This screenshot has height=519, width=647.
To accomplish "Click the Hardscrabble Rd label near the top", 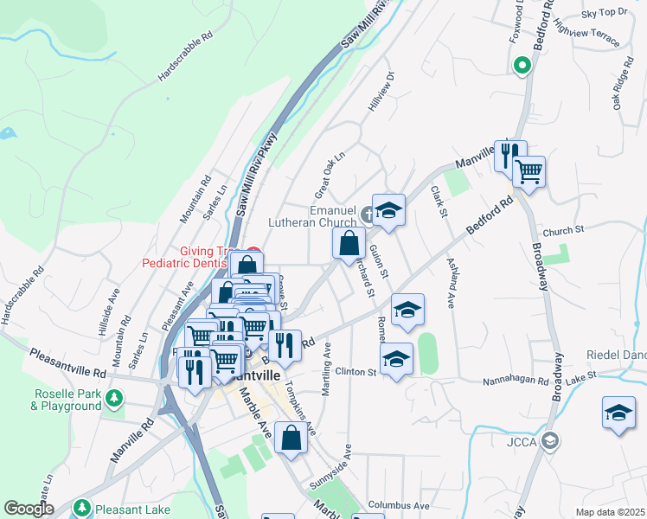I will (x=185, y=58).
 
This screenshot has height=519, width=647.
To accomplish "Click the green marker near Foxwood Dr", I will (x=522, y=65).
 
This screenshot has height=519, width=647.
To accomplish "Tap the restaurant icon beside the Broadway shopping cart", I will (x=509, y=155).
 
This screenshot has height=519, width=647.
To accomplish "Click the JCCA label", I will (x=522, y=442).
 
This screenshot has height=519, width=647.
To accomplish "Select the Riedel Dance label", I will (x=616, y=355).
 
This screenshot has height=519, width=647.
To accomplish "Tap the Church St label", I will (x=564, y=231).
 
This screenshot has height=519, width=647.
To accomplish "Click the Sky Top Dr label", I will (x=604, y=13).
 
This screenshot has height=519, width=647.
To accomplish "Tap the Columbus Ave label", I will (x=398, y=505).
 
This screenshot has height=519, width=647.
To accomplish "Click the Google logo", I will (x=29, y=509).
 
